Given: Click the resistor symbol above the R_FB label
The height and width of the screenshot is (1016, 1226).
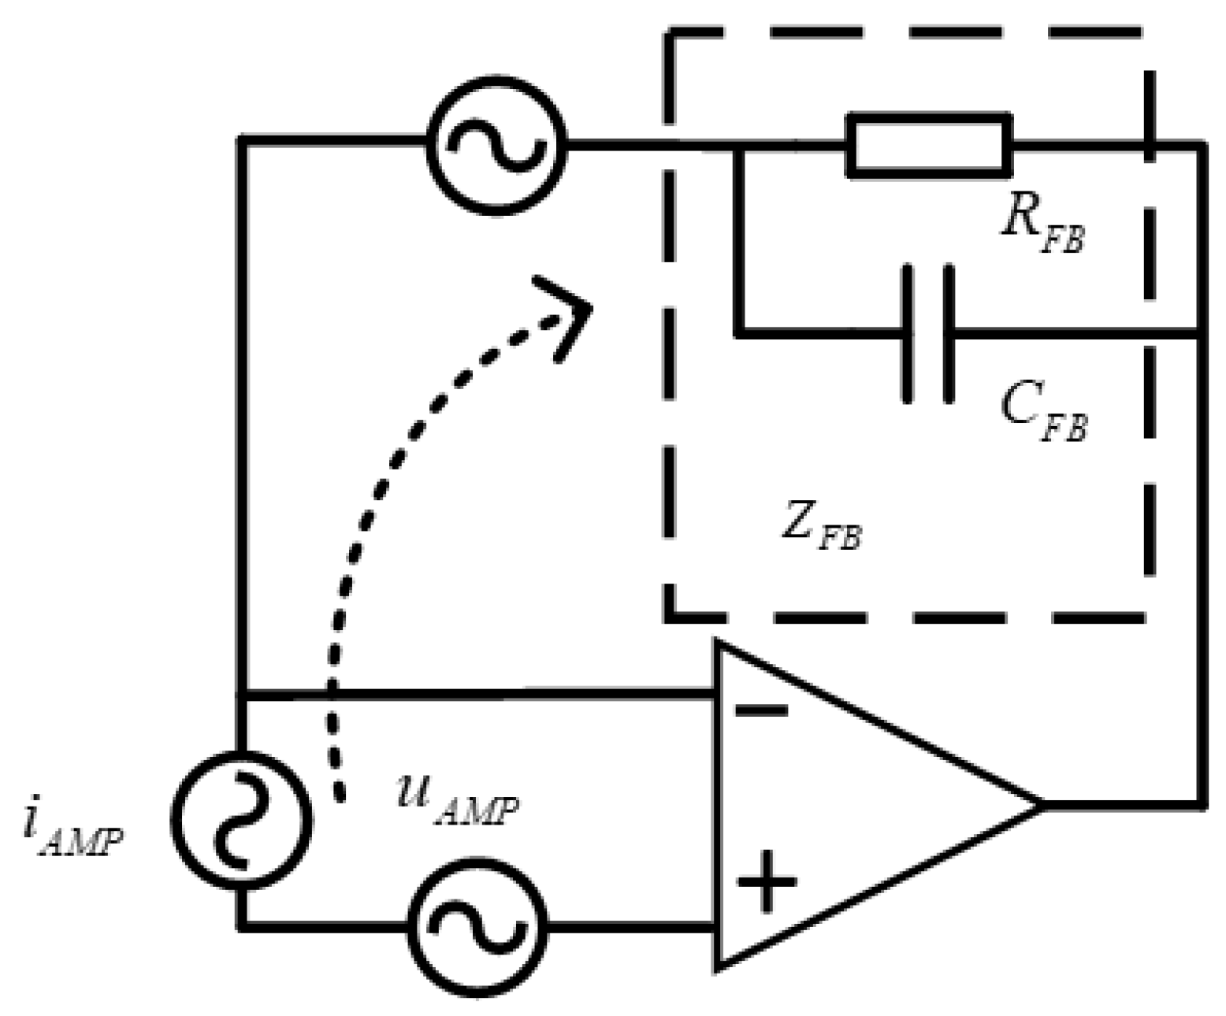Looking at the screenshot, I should pyautogui.click(x=929, y=144).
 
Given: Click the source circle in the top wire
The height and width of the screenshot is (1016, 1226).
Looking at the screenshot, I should pyautogui.click(x=496, y=145).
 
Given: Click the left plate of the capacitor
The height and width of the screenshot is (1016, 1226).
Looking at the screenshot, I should pyautogui.click(x=909, y=335).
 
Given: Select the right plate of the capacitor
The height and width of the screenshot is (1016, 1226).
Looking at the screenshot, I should pyautogui.click(x=947, y=335).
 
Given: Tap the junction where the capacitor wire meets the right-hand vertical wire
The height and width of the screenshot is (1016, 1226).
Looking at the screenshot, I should pyautogui.click(x=1200, y=335).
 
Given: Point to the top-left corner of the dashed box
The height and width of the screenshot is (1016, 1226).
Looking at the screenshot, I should pyautogui.click(x=670, y=33).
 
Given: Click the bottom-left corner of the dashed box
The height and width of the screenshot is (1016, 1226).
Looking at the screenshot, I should pyautogui.click(x=670, y=615).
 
